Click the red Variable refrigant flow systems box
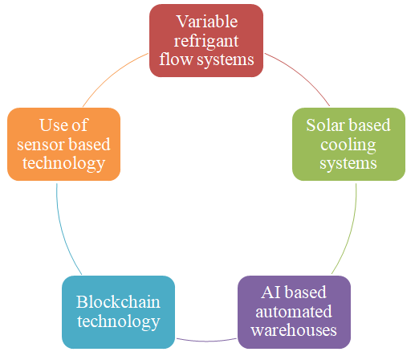coord(206,41)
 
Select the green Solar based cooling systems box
coord(348,145)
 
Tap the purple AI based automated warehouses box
coord(294,312)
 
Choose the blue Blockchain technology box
coord(118,312)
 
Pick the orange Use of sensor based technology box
coord(63,145)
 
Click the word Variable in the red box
coord(207,22)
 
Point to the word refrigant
coord(206,42)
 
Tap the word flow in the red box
coord(176,59)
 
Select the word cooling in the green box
coord(348,145)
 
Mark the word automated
coord(294,312)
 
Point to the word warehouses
coord(294,330)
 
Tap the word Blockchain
coord(118,302)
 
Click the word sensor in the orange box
coord(36,145)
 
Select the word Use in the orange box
coord(51,125)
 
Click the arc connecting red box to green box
coord(301,76)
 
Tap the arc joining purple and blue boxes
coord(206,341)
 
